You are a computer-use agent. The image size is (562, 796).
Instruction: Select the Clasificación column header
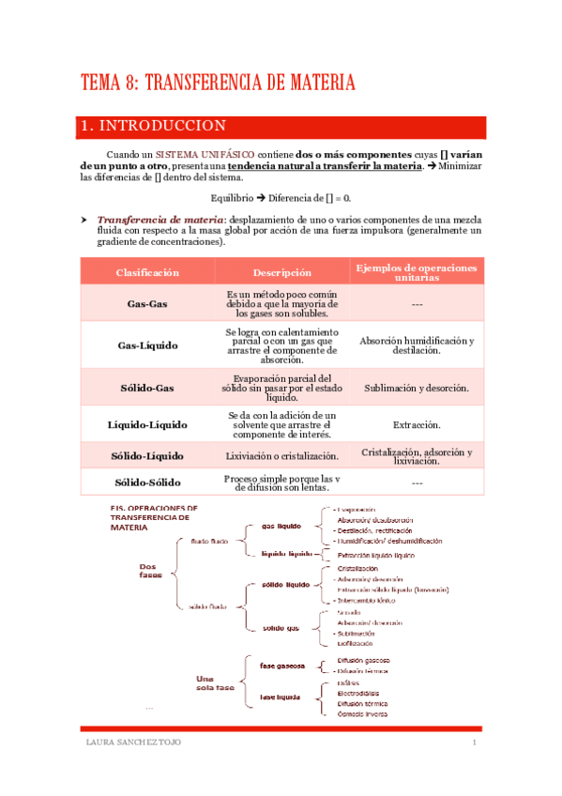[147, 272]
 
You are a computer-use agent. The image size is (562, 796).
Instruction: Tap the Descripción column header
[282, 272]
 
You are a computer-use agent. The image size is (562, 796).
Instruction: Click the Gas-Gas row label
[147, 304]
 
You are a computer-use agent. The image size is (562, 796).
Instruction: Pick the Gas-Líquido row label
[147, 345]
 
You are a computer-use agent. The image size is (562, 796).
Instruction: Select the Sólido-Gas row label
[147, 387]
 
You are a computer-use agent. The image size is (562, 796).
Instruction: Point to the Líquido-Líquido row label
[147, 424]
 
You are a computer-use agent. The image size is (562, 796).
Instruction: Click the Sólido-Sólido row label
[147, 482]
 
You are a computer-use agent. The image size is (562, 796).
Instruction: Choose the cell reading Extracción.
[417, 424]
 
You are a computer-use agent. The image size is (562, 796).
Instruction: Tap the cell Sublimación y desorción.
[417, 387]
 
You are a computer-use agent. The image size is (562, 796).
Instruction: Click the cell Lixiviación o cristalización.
[282, 456]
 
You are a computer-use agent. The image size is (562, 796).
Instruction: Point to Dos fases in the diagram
[150, 571]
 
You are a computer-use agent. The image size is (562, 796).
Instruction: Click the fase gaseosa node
[282, 666]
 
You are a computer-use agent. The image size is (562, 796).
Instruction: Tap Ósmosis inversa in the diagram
[362, 714]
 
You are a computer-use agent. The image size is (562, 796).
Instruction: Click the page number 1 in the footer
[475, 744]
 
